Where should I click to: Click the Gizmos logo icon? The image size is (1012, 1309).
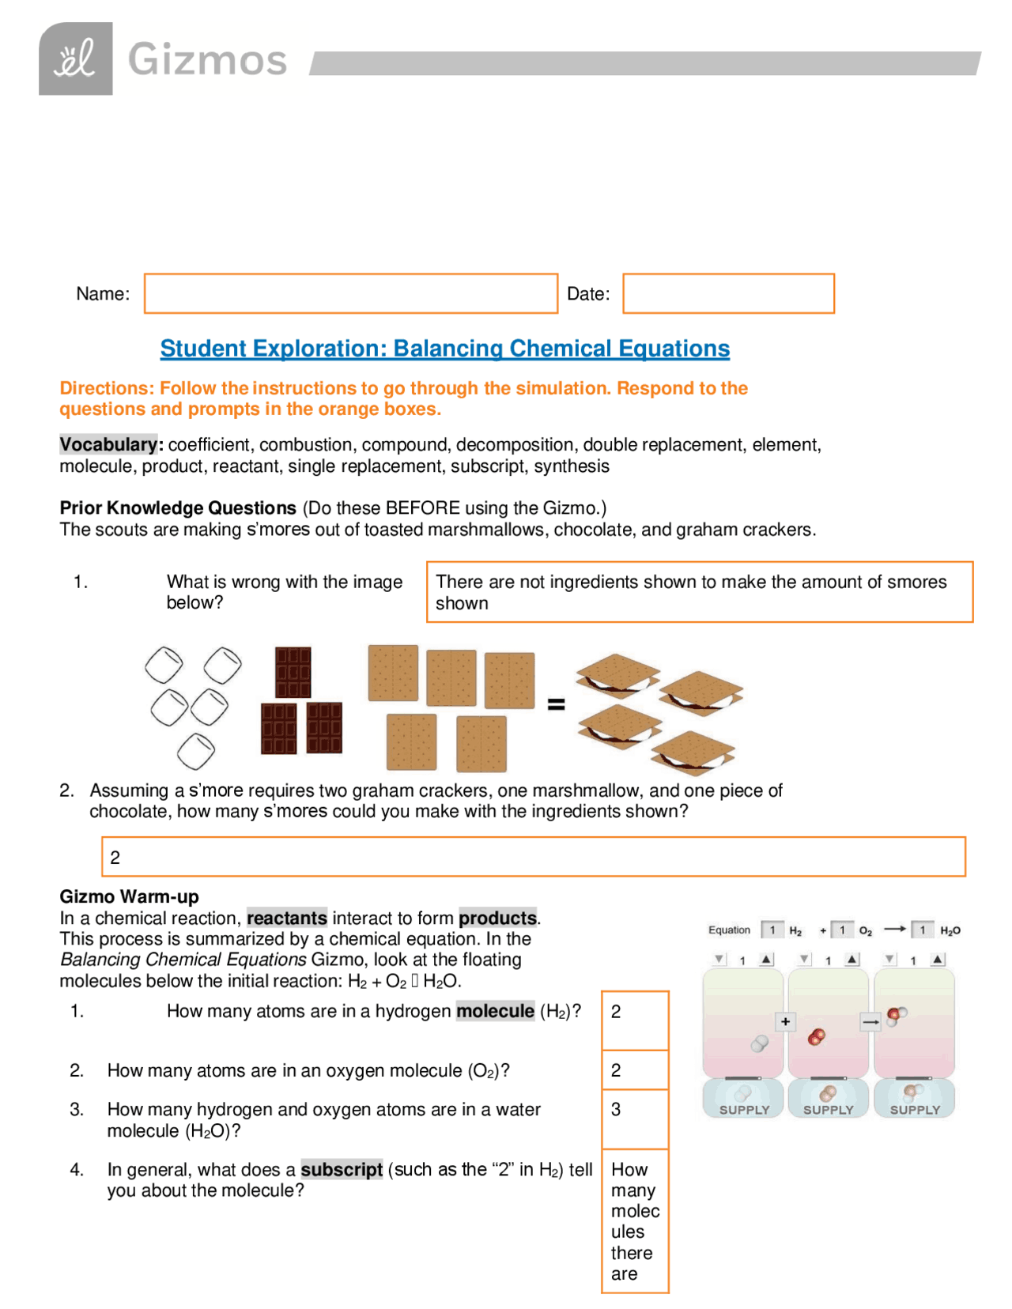(76, 59)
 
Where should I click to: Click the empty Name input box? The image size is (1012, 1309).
(350, 293)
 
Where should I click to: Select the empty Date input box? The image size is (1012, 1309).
(727, 293)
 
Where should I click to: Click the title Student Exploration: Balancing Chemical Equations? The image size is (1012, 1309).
(444, 349)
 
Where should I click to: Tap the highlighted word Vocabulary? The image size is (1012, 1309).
(109, 444)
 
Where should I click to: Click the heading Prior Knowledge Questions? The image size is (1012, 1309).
(178, 507)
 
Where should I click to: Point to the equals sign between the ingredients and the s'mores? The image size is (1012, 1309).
(556, 704)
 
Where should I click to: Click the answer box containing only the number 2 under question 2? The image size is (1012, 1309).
(533, 857)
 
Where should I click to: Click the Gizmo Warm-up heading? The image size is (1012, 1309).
(129, 896)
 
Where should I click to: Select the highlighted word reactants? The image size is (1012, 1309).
(286, 918)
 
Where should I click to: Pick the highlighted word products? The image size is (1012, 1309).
(497, 918)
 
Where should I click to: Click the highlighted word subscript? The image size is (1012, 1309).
(342, 1169)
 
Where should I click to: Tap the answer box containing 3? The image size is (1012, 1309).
(634, 1118)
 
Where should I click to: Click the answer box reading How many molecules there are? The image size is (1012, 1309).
(634, 1220)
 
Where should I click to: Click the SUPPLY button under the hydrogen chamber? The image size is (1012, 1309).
(743, 1099)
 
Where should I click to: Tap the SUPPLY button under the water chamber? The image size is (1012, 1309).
(914, 1099)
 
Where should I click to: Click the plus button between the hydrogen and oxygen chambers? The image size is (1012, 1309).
(785, 1021)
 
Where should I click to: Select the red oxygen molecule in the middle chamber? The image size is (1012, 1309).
(816, 1036)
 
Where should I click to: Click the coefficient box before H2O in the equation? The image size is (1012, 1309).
(922, 930)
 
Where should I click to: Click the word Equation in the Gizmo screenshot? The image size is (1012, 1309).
(729, 930)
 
